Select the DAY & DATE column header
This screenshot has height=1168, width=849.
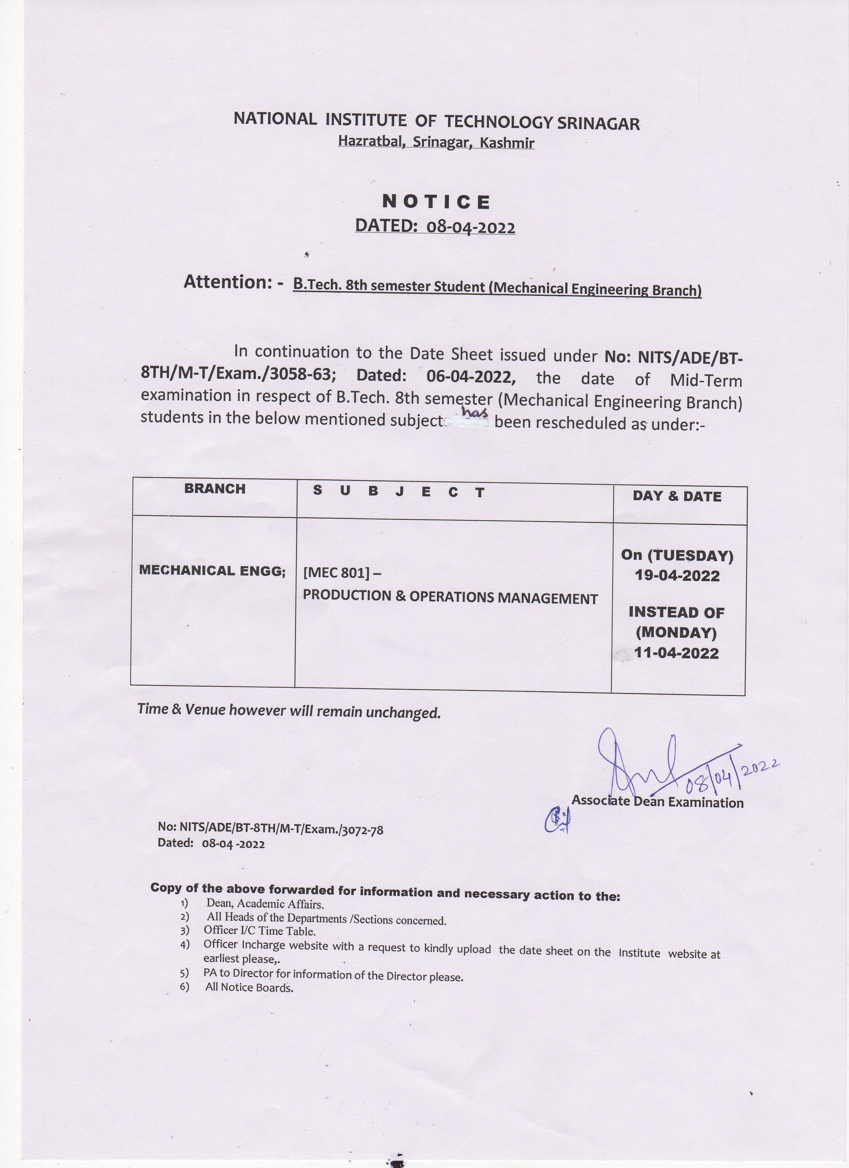[677, 496]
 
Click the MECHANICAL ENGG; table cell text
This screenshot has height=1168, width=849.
[212, 571]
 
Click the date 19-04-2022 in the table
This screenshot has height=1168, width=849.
[677, 576]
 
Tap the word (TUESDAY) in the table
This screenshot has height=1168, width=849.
[690, 556]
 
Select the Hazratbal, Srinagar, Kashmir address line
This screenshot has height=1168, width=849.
[436, 142]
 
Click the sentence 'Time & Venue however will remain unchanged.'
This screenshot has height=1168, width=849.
[289, 711]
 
